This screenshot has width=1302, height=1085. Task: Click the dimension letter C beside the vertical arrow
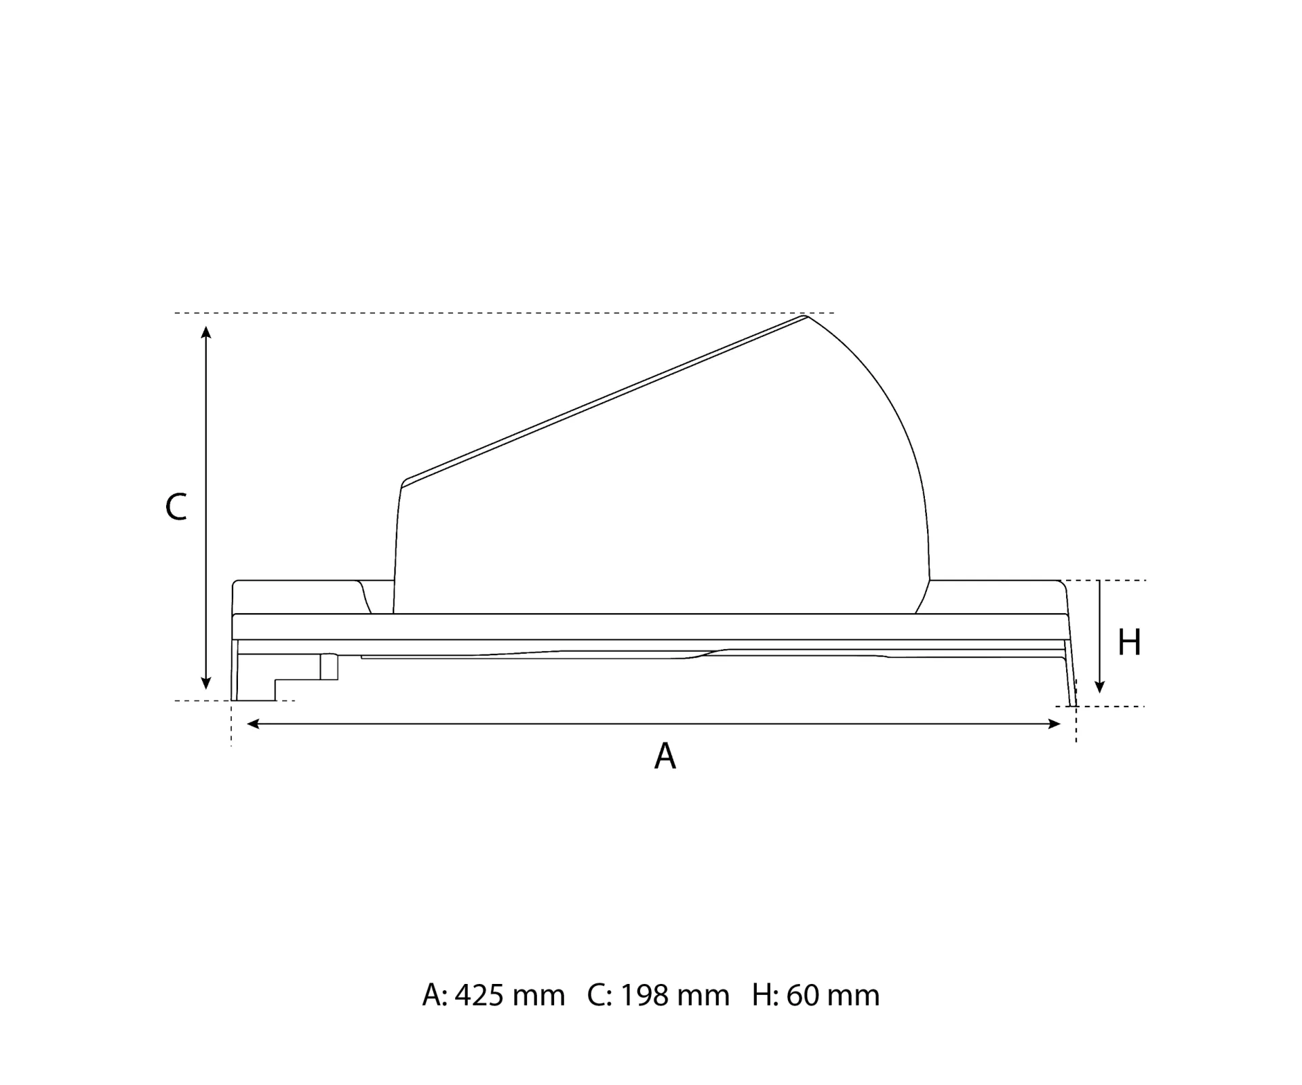tap(176, 507)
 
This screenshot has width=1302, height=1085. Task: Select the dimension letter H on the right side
tap(1129, 642)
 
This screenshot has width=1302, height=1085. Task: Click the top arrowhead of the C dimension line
tap(206, 332)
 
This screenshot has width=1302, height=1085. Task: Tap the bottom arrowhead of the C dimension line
tap(206, 684)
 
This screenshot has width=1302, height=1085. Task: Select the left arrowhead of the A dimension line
tap(253, 724)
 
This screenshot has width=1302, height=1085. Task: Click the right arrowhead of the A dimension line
tap(1054, 724)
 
